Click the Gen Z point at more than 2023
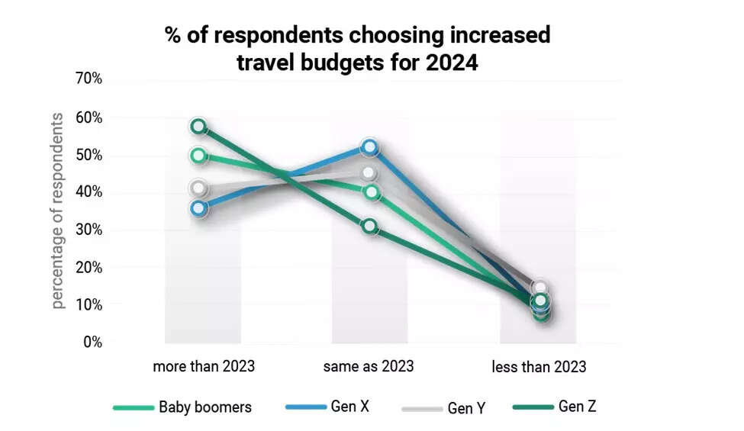(x=198, y=126)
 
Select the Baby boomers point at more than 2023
(x=198, y=156)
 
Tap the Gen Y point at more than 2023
(x=198, y=188)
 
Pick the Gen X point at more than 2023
(x=198, y=207)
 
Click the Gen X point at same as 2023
(x=369, y=146)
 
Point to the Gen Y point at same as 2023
(x=369, y=173)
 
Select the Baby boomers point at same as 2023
(x=371, y=192)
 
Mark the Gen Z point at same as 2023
(x=369, y=226)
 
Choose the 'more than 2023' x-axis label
(x=204, y=366)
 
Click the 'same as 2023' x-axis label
(x=369, y=366)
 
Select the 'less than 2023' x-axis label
(x=539, y=367)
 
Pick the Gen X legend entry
(x=349, y=407)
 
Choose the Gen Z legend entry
(x=576, y=407)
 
